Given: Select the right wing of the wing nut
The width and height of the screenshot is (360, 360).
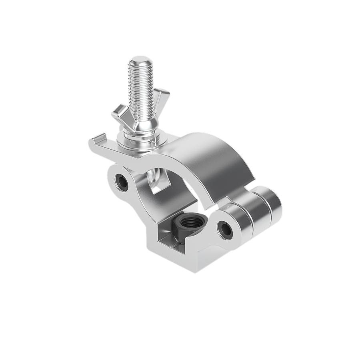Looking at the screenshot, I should (162, 98).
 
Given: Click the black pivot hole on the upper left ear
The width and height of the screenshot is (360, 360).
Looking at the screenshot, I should (122, 182).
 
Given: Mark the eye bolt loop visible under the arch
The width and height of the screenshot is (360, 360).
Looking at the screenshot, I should (154, 176).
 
